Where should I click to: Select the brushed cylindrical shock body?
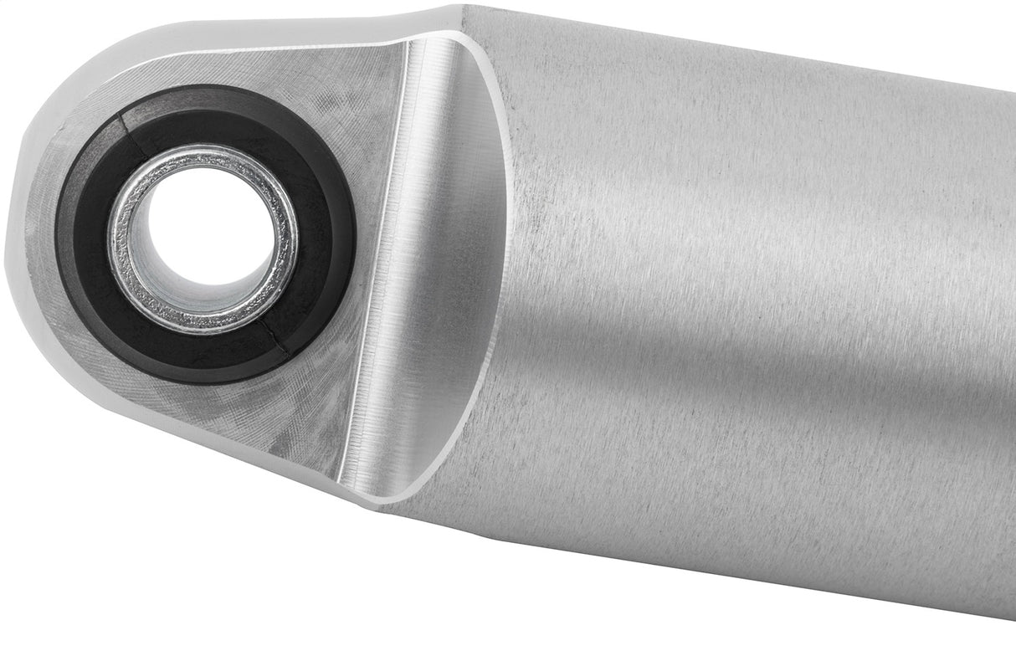(711, 293)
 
